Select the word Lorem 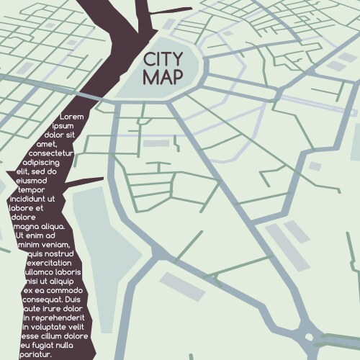72,116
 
